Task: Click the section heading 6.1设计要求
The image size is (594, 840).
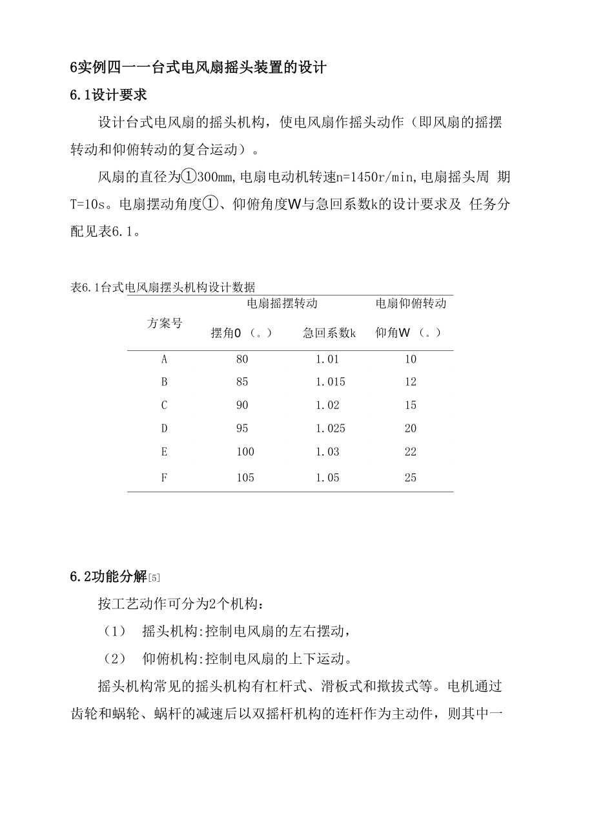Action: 108,95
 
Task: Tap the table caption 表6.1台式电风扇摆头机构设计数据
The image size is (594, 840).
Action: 163,287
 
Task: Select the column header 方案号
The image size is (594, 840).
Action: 164,323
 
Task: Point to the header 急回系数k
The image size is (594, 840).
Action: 329,333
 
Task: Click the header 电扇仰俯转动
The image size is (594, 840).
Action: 411,303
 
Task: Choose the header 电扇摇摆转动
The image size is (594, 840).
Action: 282,303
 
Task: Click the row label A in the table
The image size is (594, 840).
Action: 164,359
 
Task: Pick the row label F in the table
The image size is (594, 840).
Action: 164,478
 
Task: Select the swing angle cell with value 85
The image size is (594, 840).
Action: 242,382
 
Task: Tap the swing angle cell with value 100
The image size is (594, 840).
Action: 245,452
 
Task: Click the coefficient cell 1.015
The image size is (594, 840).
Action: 330,382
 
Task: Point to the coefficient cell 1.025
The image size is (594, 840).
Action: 330,428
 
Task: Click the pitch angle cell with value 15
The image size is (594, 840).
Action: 411,405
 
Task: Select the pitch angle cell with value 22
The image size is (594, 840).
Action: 411,452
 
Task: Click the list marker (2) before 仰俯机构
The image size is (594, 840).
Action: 114,659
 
